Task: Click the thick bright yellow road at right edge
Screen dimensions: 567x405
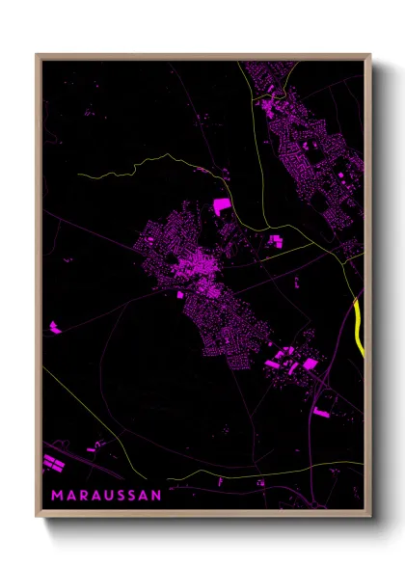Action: [359, 326]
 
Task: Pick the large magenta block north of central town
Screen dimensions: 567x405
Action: [222, 205]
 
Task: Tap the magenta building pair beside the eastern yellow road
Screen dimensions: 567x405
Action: [276, 240]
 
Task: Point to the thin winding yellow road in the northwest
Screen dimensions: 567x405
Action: [135, 164]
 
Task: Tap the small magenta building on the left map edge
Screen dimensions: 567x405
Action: [54, 329]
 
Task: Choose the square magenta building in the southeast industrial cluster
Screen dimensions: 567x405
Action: [310, 364]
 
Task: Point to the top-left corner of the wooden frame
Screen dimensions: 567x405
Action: [37, 55]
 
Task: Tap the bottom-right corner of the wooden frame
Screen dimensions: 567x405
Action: [370, 517]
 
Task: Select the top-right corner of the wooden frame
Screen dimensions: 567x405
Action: [370, 55]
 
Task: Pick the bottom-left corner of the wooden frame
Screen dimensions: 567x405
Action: [37, 517]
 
